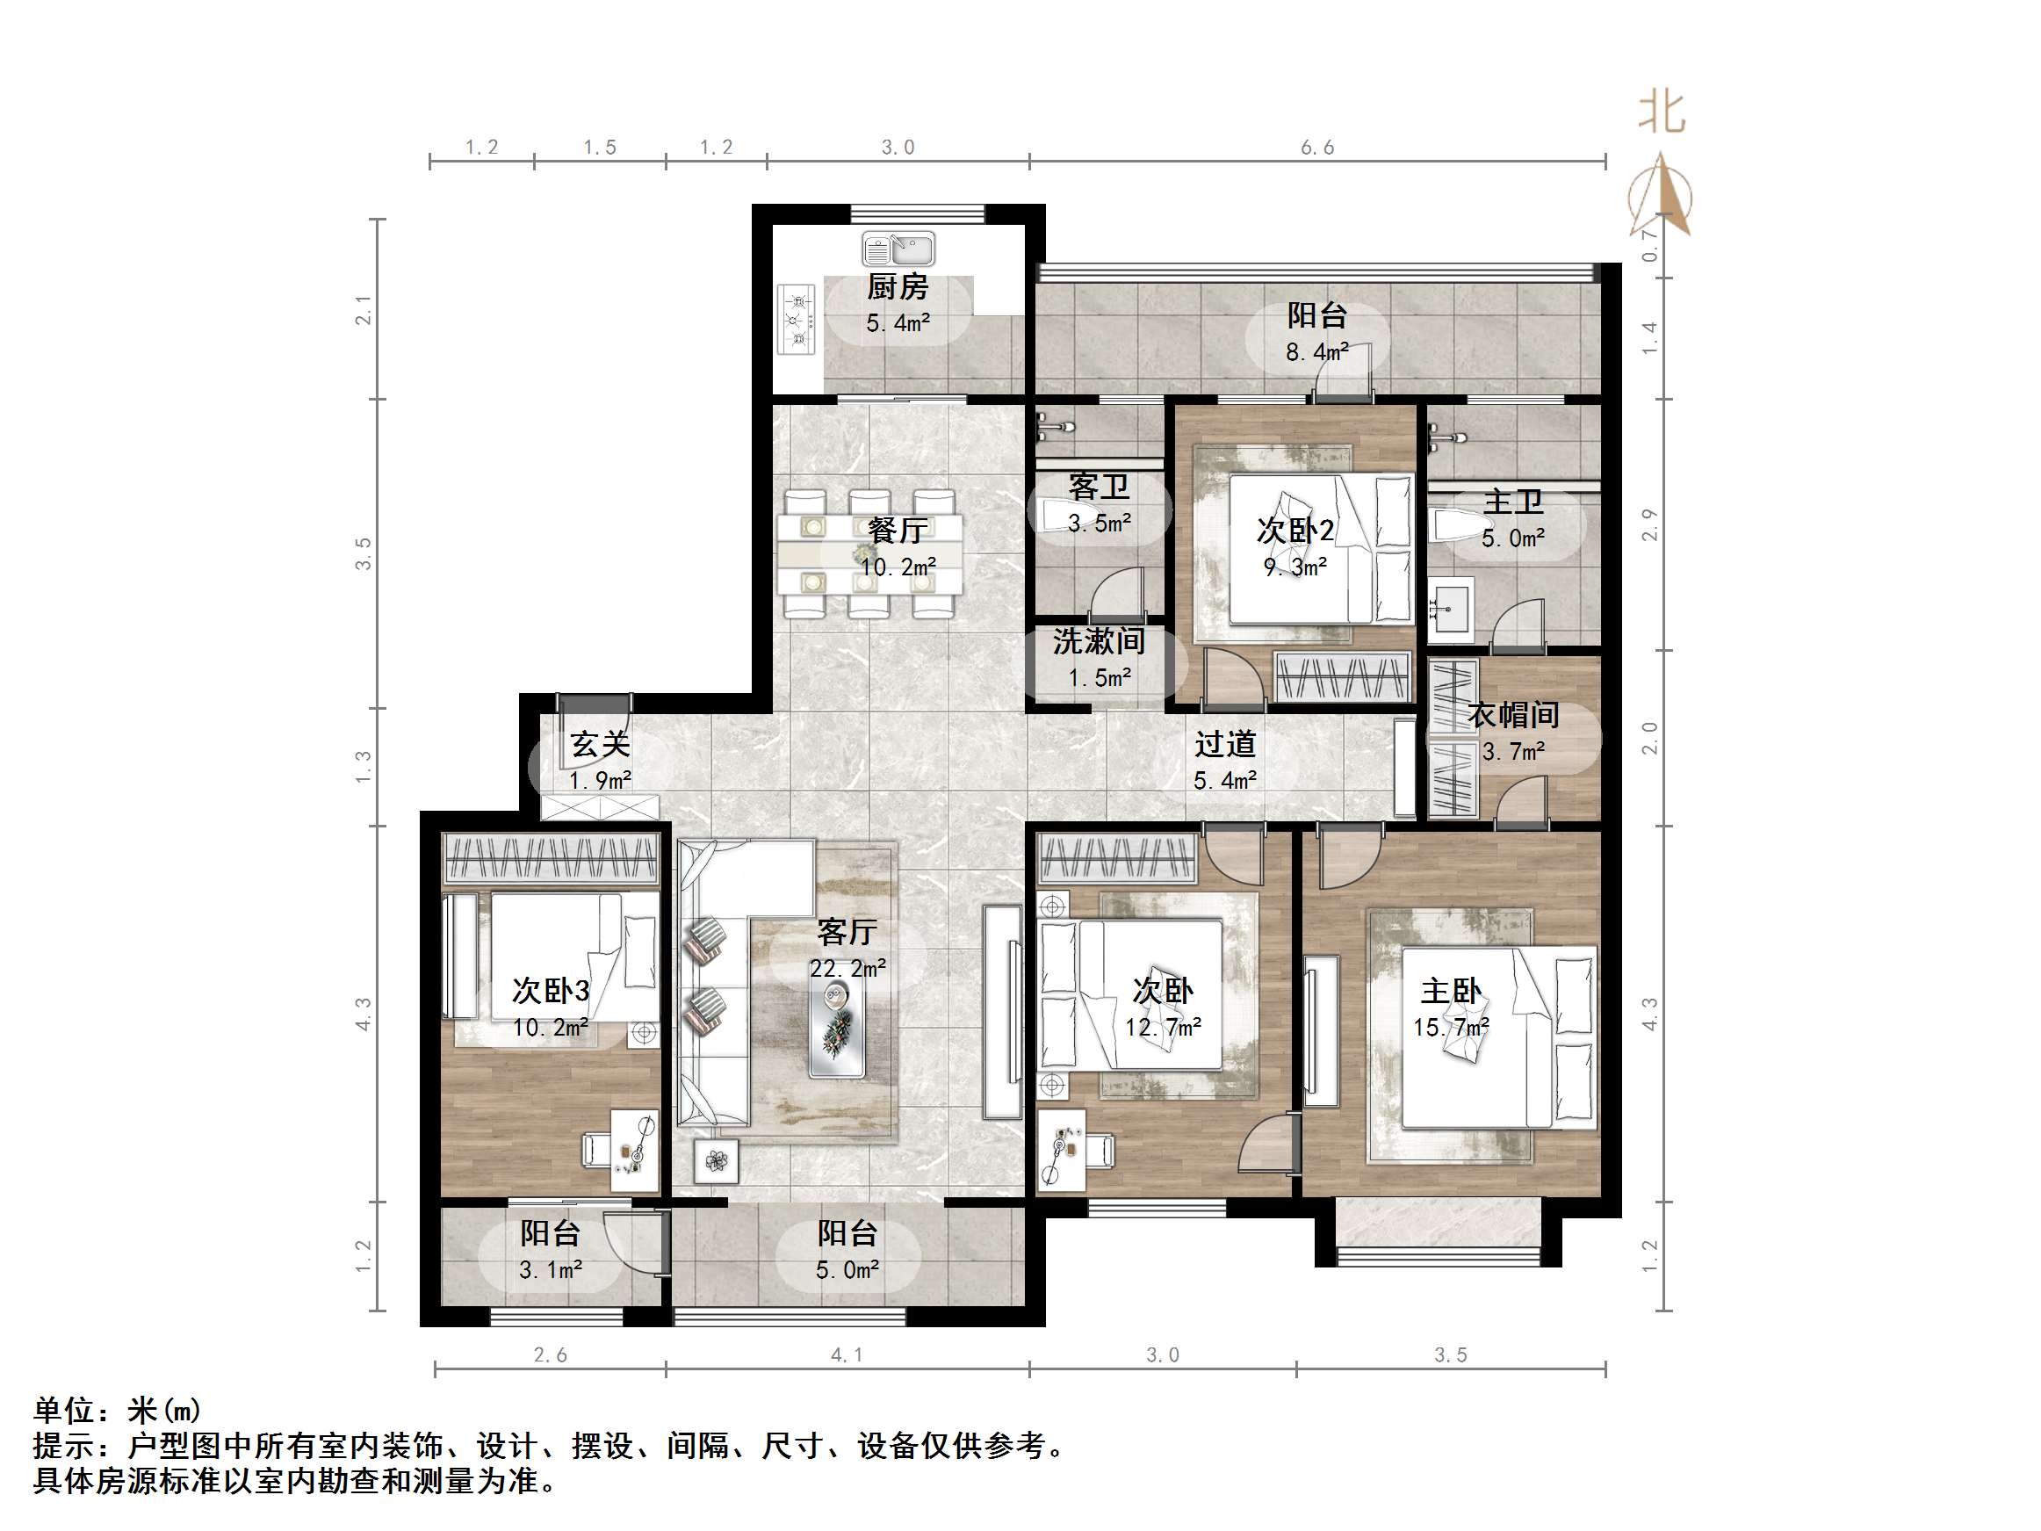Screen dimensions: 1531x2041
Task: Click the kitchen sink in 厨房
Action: (x=898, y=249)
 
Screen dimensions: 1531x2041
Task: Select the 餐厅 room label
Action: (x=897, y=530)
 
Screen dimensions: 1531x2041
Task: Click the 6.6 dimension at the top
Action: (x=1316, y=148)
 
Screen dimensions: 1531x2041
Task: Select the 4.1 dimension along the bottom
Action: (x=846, y=1354)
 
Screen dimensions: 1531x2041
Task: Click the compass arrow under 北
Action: (x=1661, y=196)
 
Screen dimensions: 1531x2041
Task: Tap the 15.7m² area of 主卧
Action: (x=1451, y=1027)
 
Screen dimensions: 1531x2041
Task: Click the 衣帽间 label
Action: (x=1513, y=714)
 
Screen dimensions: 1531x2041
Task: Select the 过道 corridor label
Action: (x=1224, y=744)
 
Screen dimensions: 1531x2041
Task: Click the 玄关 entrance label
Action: (x=600, y=744)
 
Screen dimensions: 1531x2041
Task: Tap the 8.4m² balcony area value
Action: (x=1316, y=351)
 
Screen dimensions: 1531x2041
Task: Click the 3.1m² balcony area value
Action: (x=550, y=1270)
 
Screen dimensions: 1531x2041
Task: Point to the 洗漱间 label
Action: (x=1098, y=640)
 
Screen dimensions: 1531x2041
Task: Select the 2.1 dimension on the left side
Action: (x=364, y=310)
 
